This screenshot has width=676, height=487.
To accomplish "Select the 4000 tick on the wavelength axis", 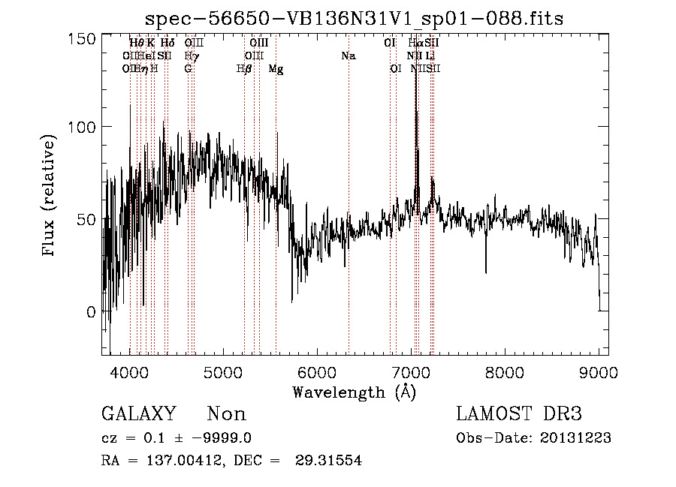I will tap(130, 372).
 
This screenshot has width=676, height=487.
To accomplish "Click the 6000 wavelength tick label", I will tap(317, 372).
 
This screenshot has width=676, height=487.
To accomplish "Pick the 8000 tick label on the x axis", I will tap(505, 372).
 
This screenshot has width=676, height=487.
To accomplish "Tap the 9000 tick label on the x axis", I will tap(599, 372).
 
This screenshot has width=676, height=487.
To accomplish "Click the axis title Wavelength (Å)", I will tap(354, 392).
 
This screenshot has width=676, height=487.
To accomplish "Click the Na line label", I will tap(348, 56).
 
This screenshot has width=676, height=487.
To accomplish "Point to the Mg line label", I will tap(276, 69).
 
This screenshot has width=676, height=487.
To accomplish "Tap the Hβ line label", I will tap(243, 69).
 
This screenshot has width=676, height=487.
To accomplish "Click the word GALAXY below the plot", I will tap(139, 414).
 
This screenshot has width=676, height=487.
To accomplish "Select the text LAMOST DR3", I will tap(519, 414).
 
